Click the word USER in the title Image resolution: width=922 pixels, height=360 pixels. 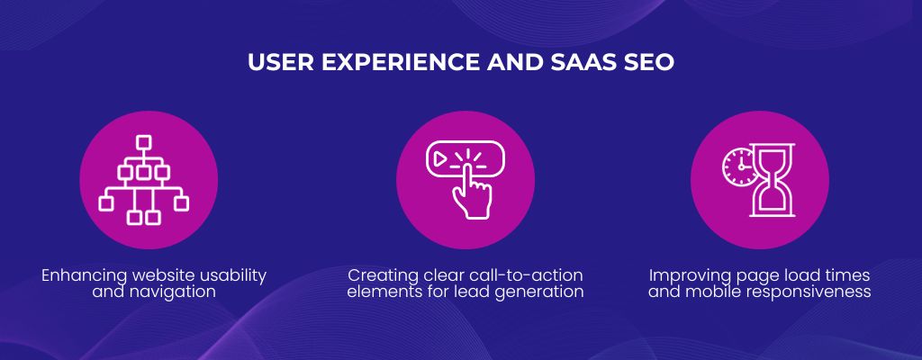coord(281,62)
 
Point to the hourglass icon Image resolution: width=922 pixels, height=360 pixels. coord(772,180)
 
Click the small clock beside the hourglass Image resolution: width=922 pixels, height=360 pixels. coord(740,167)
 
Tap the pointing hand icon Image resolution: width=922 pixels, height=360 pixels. coord(472,191)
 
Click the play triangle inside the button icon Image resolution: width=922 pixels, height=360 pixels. coord(438,158)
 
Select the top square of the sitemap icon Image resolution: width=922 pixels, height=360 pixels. coord(143,142)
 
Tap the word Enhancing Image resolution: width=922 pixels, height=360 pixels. coord(84,275)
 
